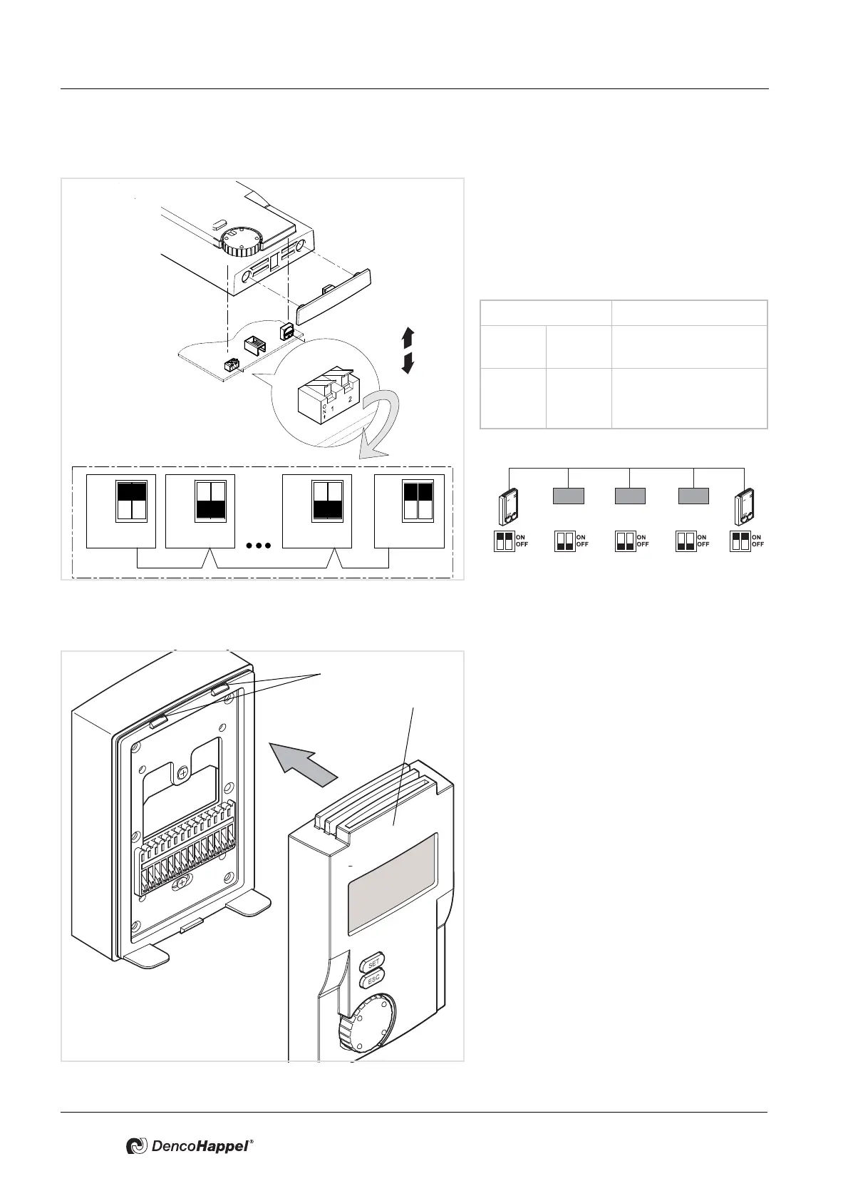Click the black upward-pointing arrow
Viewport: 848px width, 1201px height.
tap(408, 337)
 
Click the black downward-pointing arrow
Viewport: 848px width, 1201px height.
tap(408, 363)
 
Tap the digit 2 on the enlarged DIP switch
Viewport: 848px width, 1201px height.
tap(350, 399)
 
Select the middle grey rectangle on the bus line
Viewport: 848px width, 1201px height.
tap(630, 496)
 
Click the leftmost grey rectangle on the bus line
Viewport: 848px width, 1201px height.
tap(569, 496)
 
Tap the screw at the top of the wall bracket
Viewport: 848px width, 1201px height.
tap(184, 772)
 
